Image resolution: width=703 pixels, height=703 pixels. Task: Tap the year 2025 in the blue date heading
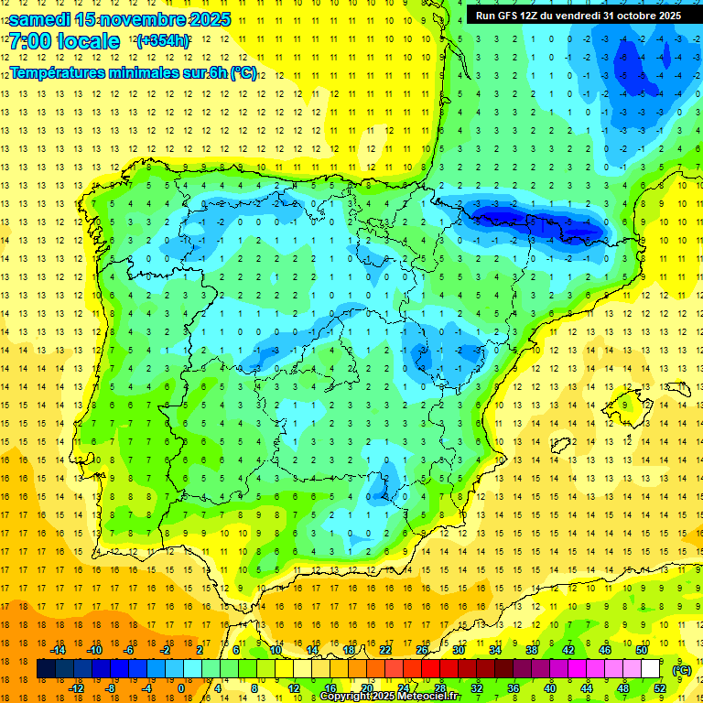pos(205,19)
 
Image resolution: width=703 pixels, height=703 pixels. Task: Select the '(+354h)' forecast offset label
pos(163,41)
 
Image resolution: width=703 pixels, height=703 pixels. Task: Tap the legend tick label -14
pos(58,649)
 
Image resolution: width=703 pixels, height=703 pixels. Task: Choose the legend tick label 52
pos(660,687)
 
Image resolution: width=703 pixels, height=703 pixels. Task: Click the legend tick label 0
pos(181,687)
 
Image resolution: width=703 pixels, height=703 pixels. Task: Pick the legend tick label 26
pos(422,649)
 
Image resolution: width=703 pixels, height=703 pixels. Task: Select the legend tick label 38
pos(532,649)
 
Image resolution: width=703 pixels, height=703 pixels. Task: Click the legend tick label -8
pos(112,687)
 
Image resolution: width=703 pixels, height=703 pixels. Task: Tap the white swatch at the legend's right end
pos(651,669)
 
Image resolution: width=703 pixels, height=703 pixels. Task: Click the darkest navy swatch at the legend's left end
pos(47,669)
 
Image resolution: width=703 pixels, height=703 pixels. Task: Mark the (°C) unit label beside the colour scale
pos(681,669)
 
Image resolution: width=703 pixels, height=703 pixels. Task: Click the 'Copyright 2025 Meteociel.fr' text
pos(390,697)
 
